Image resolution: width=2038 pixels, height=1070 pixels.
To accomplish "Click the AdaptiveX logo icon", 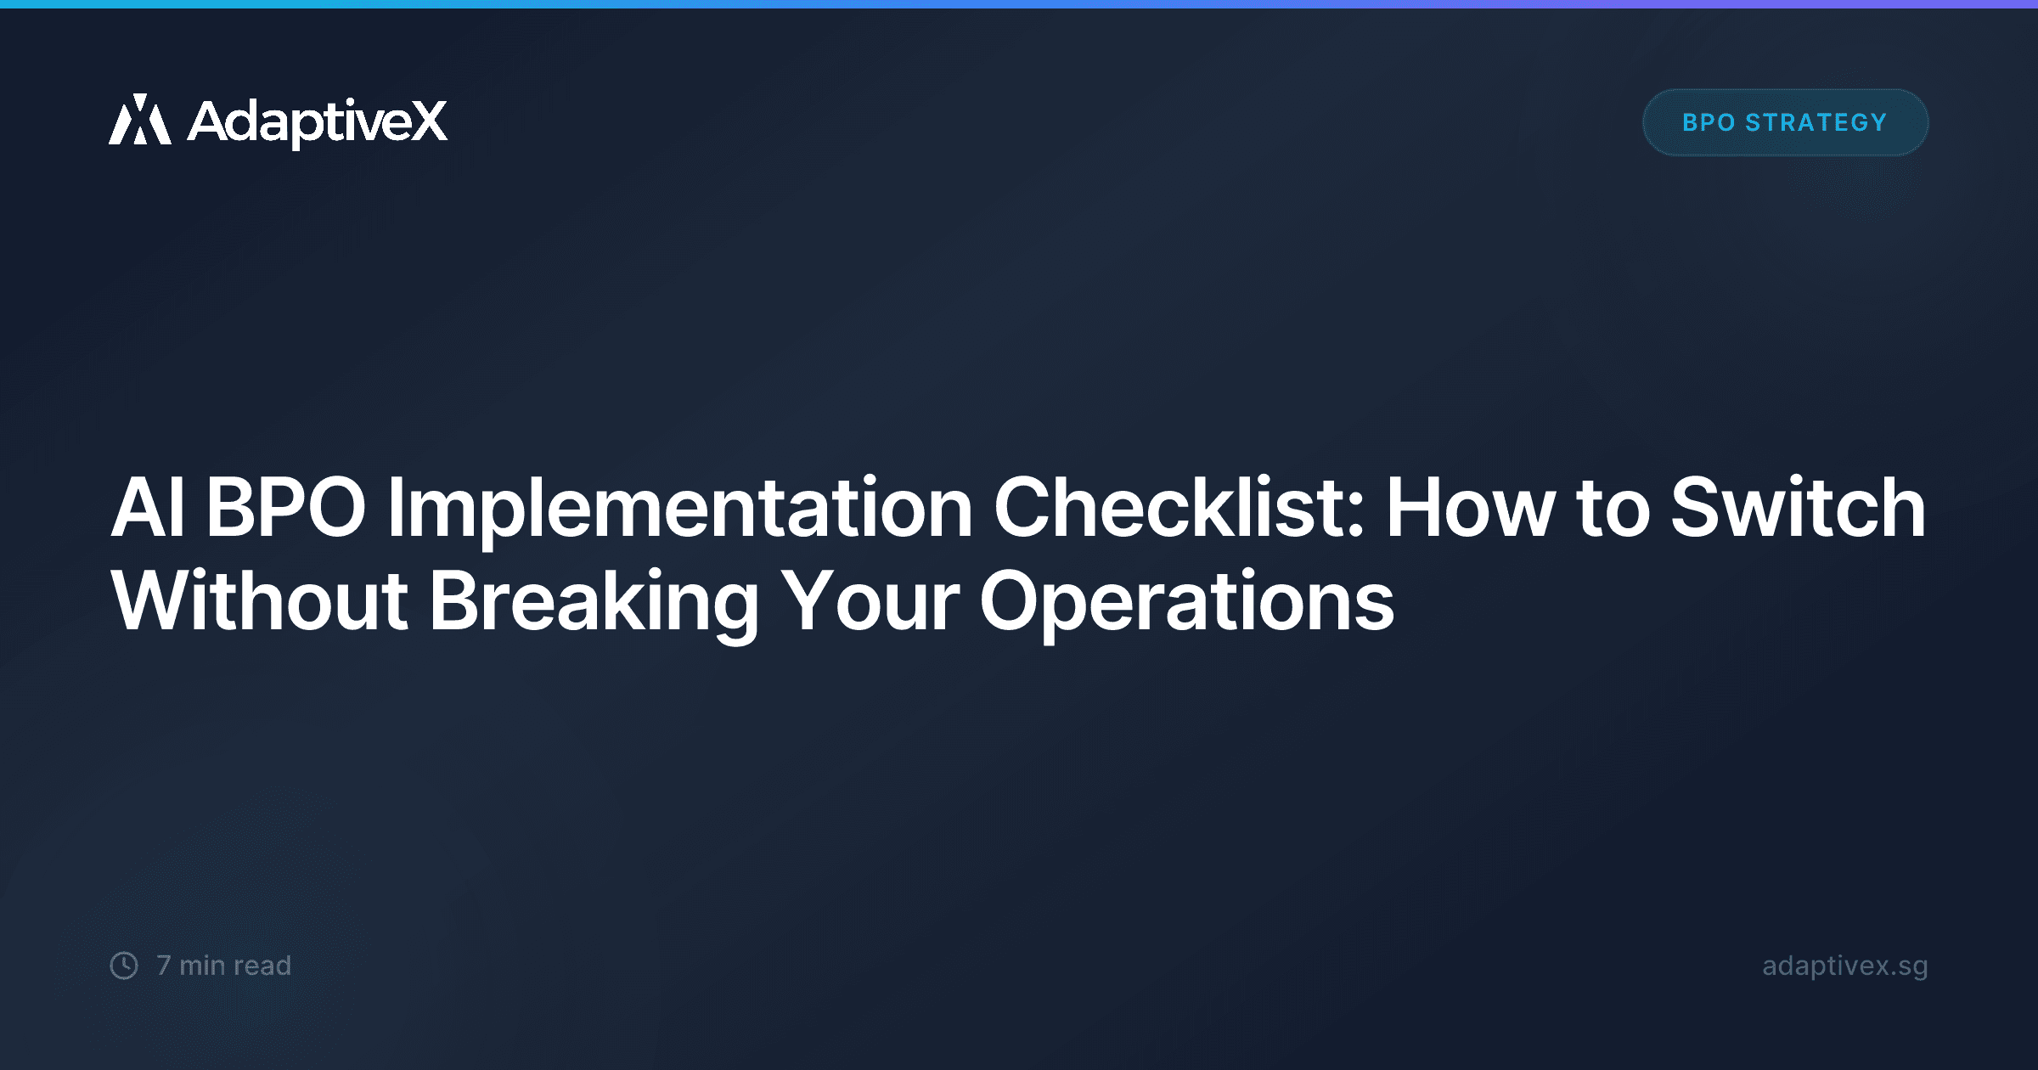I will tap(140, 120).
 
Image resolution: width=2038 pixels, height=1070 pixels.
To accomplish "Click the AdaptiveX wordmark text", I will tap(317, 122).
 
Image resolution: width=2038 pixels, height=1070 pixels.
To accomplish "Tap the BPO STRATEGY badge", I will tap(1785, 122).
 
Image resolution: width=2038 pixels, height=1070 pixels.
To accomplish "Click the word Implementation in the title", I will tap(679, 509).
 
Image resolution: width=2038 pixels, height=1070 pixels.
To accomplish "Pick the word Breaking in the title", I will tap(594, 603).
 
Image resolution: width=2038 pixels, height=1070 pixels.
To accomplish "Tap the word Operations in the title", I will tap(1186, 603).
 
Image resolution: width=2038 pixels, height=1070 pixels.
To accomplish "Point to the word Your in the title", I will tap(870, 602).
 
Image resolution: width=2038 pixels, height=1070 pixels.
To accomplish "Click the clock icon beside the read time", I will tap(124, 966).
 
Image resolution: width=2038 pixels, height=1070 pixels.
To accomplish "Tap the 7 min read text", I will tap(224, 966).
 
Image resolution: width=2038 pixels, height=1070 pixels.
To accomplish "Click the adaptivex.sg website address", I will tap(1844, 966).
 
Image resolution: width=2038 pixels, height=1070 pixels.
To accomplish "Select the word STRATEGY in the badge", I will tap(1816, 122).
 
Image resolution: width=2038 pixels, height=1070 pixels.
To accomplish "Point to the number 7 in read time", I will tap(164, 966).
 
